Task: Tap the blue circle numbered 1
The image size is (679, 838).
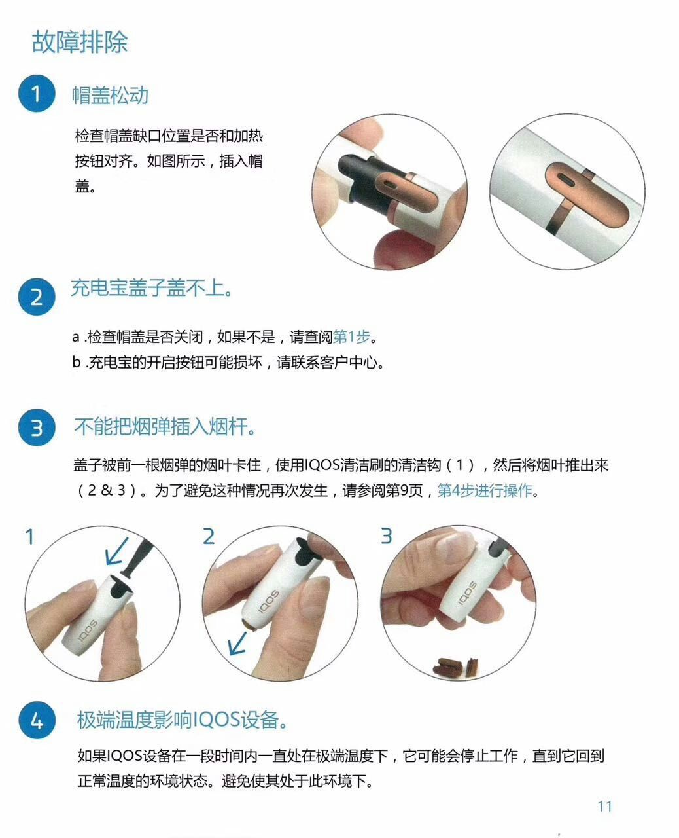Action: [36, 94]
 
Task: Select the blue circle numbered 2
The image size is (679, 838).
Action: [36, 297]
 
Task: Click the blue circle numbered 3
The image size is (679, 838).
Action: [36, 428]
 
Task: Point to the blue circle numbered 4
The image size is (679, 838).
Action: [36, 721]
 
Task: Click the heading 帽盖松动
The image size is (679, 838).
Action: [110, 96]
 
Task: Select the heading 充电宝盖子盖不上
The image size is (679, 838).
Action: [151, 288]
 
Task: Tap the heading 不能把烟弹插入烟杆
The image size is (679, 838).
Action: [164, 428]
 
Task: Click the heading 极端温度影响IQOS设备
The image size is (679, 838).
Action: [183, 720]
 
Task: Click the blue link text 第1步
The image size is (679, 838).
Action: [351, 337]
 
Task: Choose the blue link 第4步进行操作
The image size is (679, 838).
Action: [484, 490]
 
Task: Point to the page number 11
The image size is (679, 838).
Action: [604, 807]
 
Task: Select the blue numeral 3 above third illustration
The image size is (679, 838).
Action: [387, 536]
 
